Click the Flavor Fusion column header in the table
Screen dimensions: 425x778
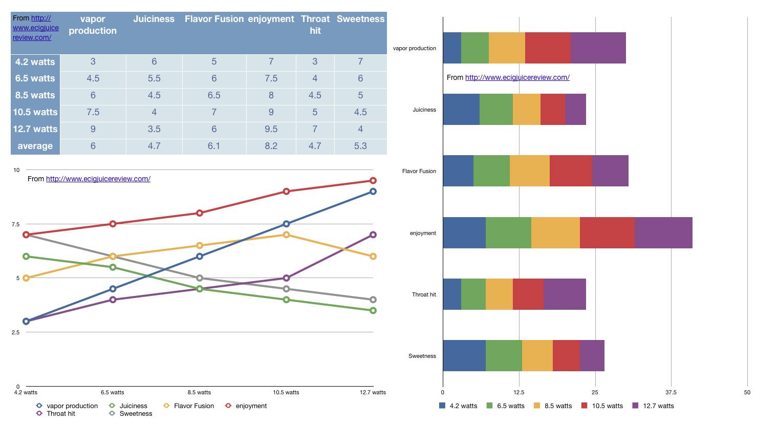click(214, 19)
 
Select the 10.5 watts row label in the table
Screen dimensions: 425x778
click(35, 112)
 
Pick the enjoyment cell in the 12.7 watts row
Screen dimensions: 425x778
click(271, 129)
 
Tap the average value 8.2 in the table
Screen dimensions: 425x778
click(271, 146)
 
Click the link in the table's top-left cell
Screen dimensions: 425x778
click(36, 28)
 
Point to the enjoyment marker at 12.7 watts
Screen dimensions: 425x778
click(373, 181)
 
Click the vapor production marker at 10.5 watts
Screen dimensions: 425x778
click(287, 224)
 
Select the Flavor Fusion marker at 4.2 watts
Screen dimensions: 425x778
click(26, 278)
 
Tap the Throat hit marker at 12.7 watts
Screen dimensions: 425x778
click(373, 235)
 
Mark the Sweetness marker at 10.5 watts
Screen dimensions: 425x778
click(287, 289)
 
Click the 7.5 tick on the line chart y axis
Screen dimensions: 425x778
click(16, 224)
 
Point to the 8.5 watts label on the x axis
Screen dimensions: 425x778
click(199, 393)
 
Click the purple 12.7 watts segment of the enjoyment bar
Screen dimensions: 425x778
click(663, 233)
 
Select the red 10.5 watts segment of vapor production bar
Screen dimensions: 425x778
click(548, 48)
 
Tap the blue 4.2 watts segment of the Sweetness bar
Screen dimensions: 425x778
click(464, 356)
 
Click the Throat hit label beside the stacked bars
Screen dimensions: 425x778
click(424, 295)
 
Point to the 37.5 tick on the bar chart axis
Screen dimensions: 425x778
click(671, 393)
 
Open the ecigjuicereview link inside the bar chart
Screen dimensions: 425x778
click(517, 77)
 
